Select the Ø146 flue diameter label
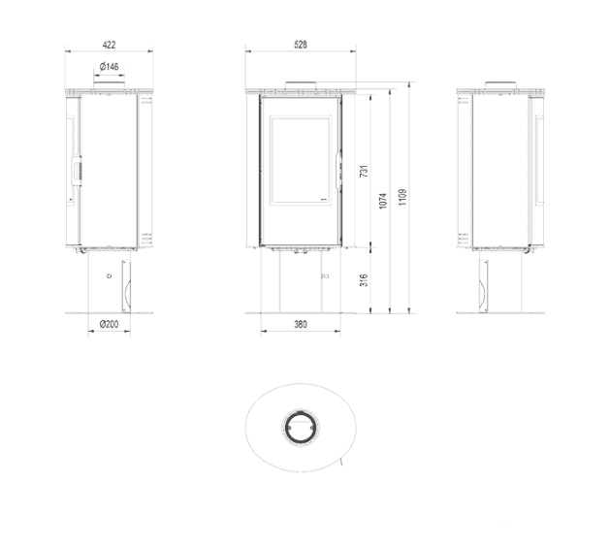point(109,67)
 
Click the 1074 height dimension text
point(383,201)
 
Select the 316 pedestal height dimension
point(364,280)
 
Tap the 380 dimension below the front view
point(300,324)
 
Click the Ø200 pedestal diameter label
point(108,324)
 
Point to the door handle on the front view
point(338,170)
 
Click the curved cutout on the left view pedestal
point(123,288)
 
